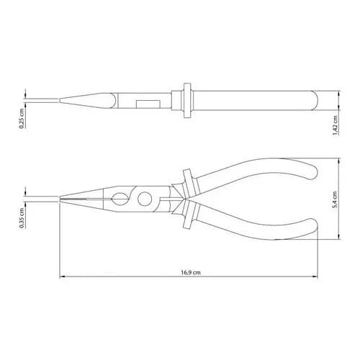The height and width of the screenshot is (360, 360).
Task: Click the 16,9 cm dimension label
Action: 191,272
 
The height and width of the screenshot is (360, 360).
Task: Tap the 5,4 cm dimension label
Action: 336,199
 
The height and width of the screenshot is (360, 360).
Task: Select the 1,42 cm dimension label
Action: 336,125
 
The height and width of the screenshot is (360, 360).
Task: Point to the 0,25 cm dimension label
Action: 22,118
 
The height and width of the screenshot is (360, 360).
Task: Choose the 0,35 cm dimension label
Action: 22,217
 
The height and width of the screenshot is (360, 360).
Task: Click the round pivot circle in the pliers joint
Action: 145,199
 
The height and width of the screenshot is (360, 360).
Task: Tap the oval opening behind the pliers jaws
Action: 120,199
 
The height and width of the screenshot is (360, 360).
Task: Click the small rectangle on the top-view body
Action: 148,104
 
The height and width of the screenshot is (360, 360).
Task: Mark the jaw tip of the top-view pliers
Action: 60,100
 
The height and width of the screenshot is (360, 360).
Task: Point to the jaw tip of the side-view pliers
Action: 60,199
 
